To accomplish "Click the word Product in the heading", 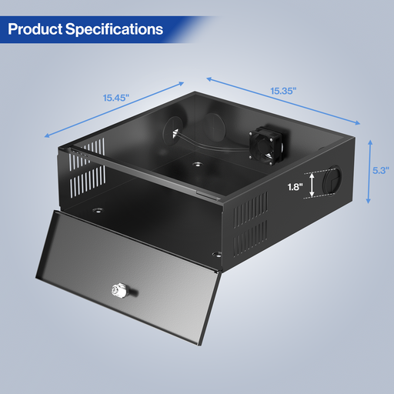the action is (35, 29).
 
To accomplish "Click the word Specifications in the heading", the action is (114, 29).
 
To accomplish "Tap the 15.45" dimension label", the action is (116, 98).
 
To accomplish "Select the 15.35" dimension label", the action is (283, 91).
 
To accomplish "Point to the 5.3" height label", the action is (381, 170).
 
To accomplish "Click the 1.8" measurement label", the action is (295, 187).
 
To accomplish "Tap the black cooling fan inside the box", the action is (266, 145).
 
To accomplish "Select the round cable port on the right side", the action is (332, 181).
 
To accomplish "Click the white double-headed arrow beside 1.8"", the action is (312, 185).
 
